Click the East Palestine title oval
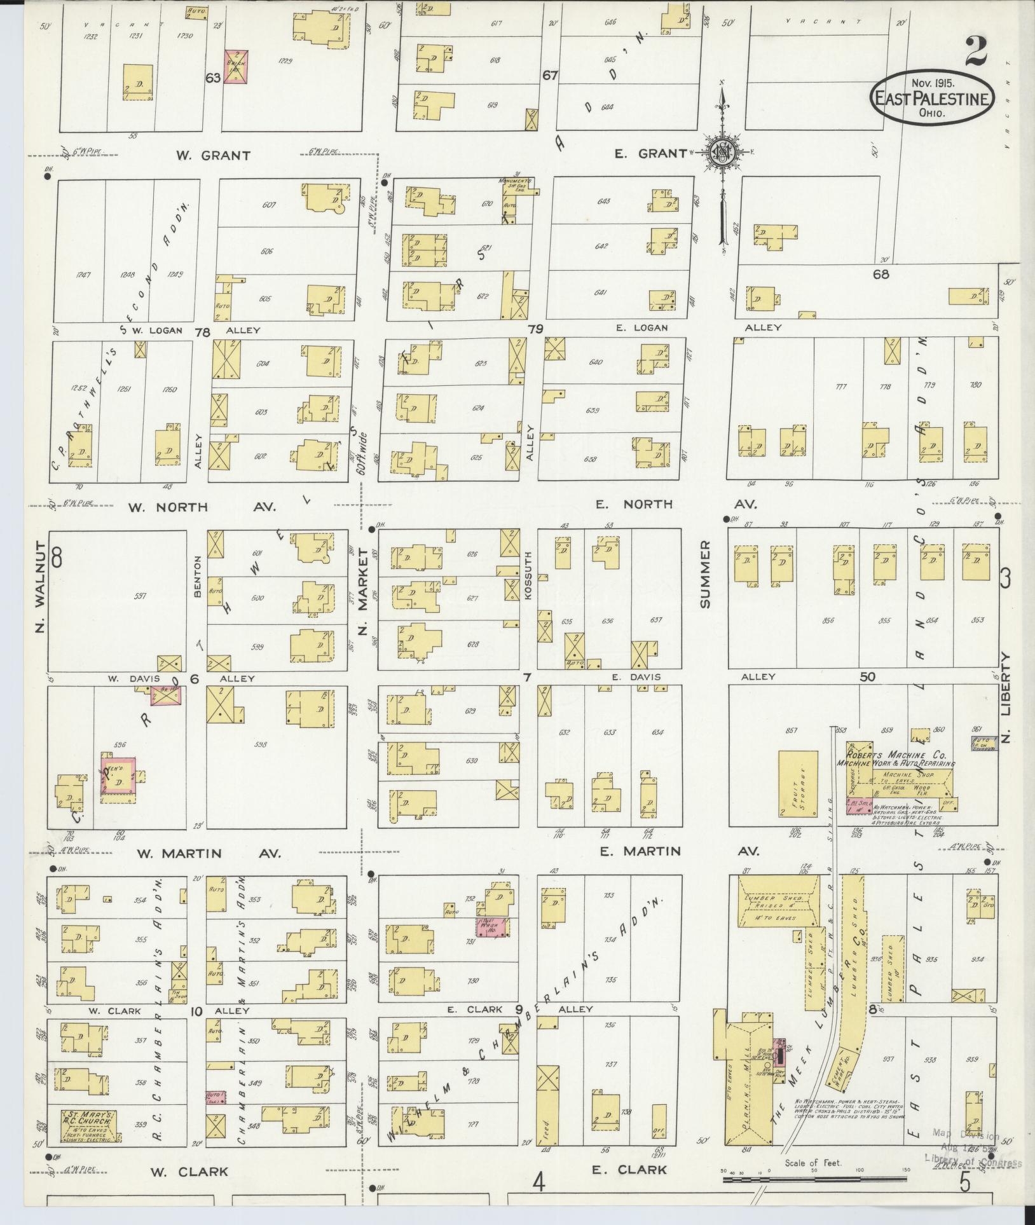pyautogui.click(x=931, y=99)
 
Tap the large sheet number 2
pyautogui.click(x=975, y=51)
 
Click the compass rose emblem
pyautogui.click(x=723, y=153)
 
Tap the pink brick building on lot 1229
pyautogui.click(x=235, y=67)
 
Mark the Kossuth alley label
pyautogui.click(x=528, y=579)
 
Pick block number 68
pyautogui.click(x=881, y=275)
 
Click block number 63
pyautogui.click(x=212, y=78)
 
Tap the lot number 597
pyautogui.click(x=141, y=596)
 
